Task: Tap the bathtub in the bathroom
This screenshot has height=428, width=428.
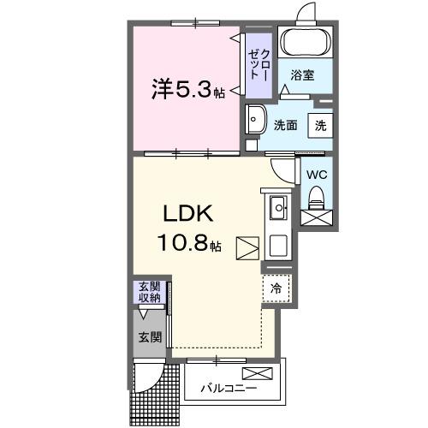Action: point(306,42)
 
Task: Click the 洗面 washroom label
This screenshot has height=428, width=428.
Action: point(285,124)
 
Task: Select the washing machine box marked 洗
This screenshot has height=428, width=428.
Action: point(319,124)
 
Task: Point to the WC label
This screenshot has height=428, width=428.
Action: point(316,175)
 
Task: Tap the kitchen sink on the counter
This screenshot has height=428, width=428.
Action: point(278,208)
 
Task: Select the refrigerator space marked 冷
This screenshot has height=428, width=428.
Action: point(276,289)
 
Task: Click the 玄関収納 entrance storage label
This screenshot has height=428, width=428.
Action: point(149,293)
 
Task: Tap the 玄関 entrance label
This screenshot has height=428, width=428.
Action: point(149,337)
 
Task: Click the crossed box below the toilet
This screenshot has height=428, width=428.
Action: point(317,219)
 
